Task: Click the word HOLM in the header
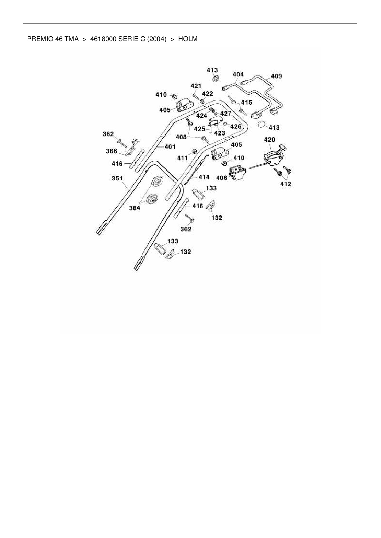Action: [x=188, y=39]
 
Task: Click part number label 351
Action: [x=117, y=178]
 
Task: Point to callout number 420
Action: [x=269, y=140]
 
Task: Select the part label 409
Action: [x=276, y=76]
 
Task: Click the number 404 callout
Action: [x=238, y=74]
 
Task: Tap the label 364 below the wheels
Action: [x=134, y=208]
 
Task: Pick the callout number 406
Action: [x=222, y=178]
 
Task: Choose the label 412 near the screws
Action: [x=285, y=184]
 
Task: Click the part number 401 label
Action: [x=170, y=147]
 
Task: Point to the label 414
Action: [x=204, y=177]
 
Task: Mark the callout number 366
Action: [x=111, y=151]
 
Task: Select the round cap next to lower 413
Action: [x=261, y=125]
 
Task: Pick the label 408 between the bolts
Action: [x=181, y=137]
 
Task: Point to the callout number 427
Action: [x=226, y=113]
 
